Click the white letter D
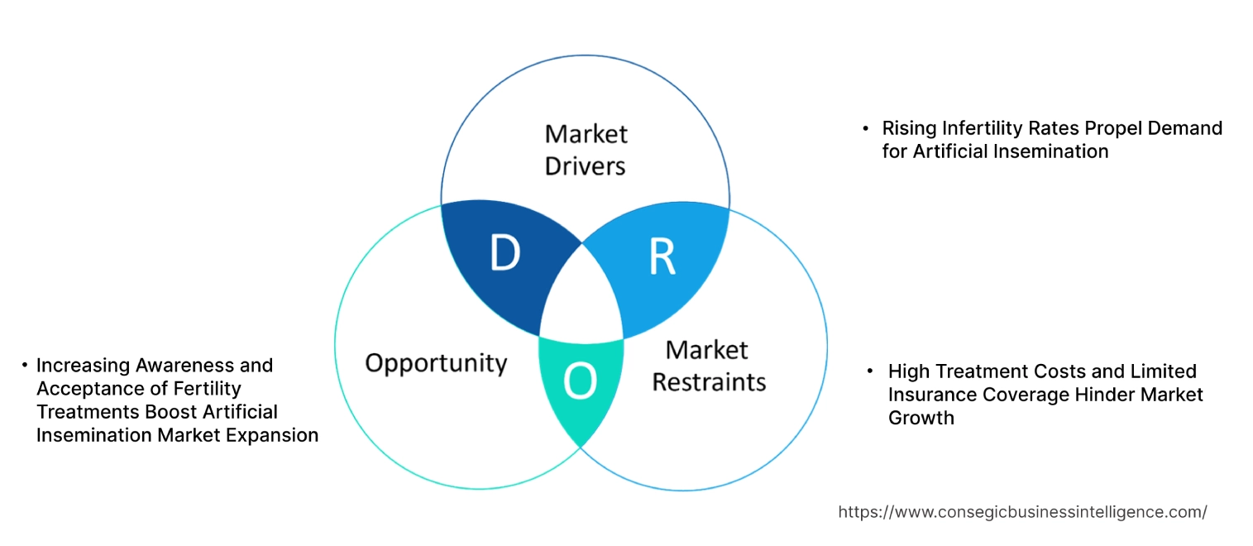[x=505, y=254]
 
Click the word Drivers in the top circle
[x=585, y=165]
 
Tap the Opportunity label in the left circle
[x=436, y=362]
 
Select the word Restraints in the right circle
[x=709, y=382]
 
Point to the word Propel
[x=1107, y=128]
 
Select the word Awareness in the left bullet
[x=179, y=365]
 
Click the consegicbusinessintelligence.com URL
[x=1022, y=512]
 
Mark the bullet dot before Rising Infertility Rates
[x=865, y=129]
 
